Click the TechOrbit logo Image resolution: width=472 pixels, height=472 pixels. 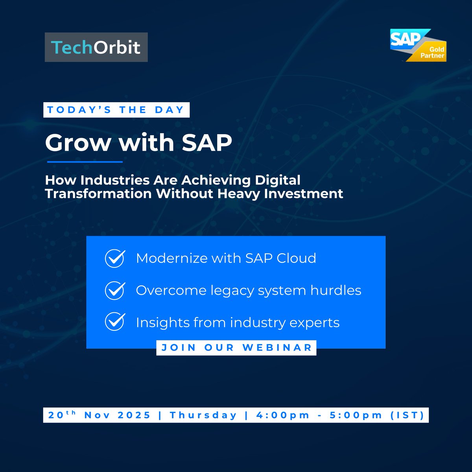click(x=96, y=47)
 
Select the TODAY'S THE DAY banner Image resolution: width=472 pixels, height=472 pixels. click(x=116, y=110)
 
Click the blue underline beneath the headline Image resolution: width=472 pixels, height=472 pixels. click(x=85, y=162)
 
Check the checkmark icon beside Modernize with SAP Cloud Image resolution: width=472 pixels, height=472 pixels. click(x=115, y=258)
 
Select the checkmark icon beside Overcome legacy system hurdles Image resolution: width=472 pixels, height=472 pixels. click(x=115, y=291)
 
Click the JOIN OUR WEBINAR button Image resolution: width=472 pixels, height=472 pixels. click(x=236, y=348)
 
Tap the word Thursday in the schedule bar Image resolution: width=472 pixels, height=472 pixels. click(x=203, y=415)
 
